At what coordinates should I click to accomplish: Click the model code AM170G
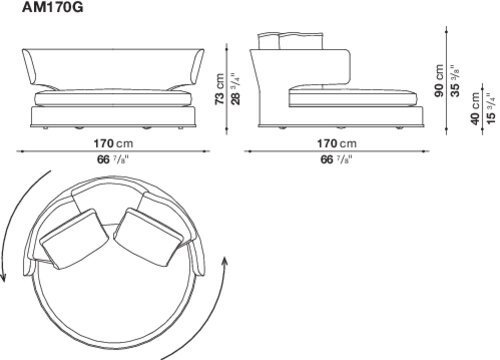coord(52,7)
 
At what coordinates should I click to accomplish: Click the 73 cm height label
coord(220,89)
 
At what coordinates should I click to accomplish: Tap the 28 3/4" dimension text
coord(235,89)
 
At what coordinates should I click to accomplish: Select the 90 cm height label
coord(439,81)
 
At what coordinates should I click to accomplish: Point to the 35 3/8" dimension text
coord(455,81)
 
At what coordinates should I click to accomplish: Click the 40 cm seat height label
coord(475,109)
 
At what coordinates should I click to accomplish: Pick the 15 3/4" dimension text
coord(491,109)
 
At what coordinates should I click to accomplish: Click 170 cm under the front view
coord(113,144)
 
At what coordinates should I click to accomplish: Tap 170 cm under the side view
coord(337,144)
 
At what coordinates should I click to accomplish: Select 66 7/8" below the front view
coord(113,160)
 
